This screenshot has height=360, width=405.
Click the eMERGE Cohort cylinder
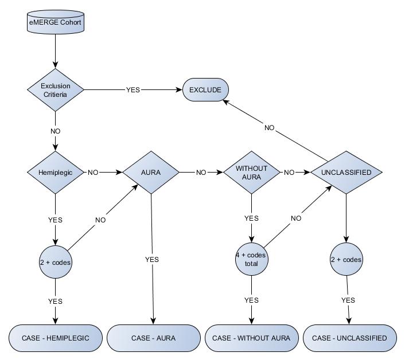[56, 22]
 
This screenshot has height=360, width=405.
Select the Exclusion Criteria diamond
[56, 90]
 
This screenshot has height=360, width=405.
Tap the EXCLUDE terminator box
[205, 90]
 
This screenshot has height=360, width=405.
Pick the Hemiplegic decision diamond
[56, 173]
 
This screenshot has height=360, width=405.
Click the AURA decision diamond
[151, 173]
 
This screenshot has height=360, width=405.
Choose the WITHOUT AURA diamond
[251, 173]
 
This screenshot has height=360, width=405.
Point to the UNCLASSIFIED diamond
[346, 173]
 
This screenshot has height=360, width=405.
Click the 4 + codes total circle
[252, 259]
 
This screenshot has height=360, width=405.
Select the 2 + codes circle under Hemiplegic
[56, 262]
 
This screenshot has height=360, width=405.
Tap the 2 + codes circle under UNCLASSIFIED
[346, 259]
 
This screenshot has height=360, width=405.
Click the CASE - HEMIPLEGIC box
[56, 338]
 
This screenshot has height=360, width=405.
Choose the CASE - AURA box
[154, 338]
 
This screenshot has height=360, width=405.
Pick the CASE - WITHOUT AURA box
[252, 338]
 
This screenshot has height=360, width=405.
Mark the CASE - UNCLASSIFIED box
[349, 338]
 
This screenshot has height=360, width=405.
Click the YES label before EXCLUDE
[133, 90]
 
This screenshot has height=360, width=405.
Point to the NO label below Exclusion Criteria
[56, 131]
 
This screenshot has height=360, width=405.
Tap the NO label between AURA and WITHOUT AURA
[201, 173]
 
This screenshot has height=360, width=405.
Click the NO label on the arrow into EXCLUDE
[270, 128]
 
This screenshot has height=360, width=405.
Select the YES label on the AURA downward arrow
[152, 259]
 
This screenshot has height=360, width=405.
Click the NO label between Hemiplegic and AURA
[93, 173]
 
